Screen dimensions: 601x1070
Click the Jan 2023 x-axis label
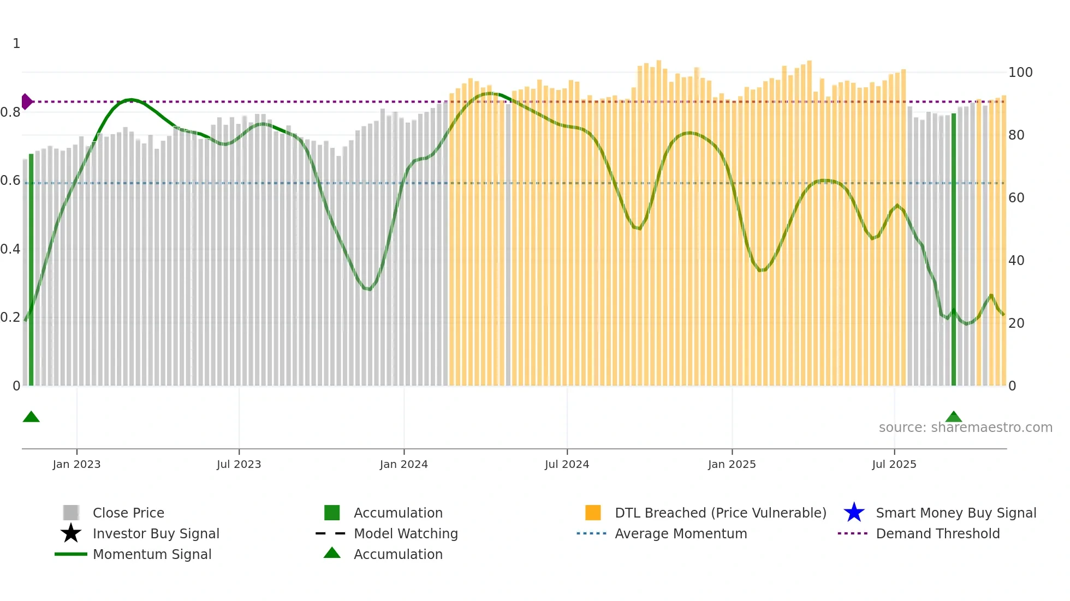pyautogui.click(x=76, y=464)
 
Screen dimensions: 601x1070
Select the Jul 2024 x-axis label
pyautogui.click(x=567, y=464)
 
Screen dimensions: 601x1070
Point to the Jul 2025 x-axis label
pyautogui.click(x=894, y=464)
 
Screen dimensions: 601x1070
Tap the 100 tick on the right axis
pyautogui.click(x=1020, y=73)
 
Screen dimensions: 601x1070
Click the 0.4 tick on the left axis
pyautogui.click(x=10, y=249)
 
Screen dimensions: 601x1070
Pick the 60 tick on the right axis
pyautogui.click(x=1016, y=198)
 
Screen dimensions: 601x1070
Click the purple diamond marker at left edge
pyautogui.click(x=26, y=101)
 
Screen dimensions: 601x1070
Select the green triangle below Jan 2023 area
pyautogui.click(x=31, y=417)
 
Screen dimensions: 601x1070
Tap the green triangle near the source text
pyautogui.click(x=953, y=417)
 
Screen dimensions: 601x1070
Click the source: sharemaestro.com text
pyautogui.click(x=965, y=428)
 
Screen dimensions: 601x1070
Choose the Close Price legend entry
pyautogui.click(x=128, y=513)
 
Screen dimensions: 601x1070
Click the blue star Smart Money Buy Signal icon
pyautogui.click(x=854, y=513)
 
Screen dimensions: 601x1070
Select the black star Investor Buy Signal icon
pyautogui.click(x=71, y=533)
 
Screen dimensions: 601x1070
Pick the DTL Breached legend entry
pyautogui.click(x=720, y=513)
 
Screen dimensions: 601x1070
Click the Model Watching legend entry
pyautogui.click(x=405, y=533)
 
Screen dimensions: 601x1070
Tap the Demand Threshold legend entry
pyautogui.click(x=937, y=533)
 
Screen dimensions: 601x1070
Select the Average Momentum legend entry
pyautogui.click(x=680, y=533)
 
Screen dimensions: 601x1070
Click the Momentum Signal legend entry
pyautogui.click(x=152, y=554)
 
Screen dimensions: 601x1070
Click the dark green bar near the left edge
pyautogui.click(x=31, y=270)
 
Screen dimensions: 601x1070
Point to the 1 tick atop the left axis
pyautogui.click(x=16, y=44)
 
